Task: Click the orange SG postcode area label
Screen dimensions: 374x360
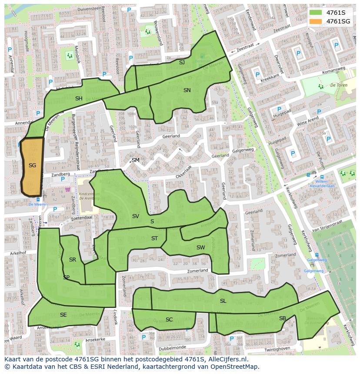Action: pos(32,165)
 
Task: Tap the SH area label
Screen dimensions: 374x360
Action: pos(79,99)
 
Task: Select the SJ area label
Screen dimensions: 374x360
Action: pos(182,63)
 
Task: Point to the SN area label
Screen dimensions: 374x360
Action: pos(187,90)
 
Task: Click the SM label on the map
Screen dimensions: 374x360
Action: pos(136,160)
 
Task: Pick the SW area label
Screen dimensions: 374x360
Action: pos(200,248)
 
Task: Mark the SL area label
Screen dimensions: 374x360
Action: pos(223,301)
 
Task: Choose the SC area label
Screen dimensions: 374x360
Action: pos(169,320)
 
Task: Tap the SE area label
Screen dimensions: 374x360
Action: pos(63,315)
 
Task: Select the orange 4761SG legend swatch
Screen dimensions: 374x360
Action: pos(316,21)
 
